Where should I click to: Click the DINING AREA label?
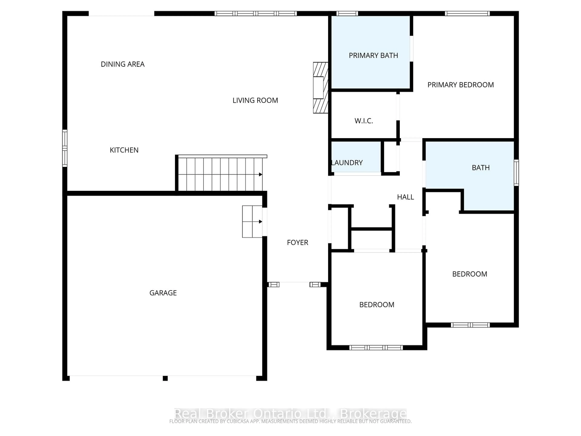(x=123, y=64)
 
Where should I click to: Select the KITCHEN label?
(x=124, y=150)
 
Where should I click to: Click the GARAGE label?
(x=163, y=293)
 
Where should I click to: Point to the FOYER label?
(x=297, y=242)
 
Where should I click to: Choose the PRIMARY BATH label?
(x=373, y=55)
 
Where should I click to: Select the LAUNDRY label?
(x=347, y=163)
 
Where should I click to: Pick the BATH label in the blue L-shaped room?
(x=480, y=168)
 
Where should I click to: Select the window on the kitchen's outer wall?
(x=65, y=148)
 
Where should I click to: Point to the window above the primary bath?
(x=347, y=13)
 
